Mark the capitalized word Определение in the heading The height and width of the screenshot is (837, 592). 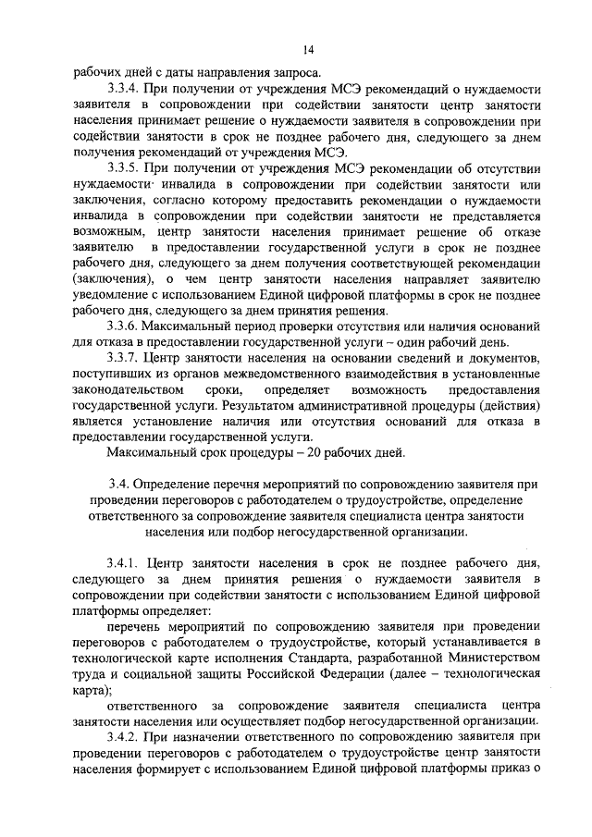click(x=169, y=484)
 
